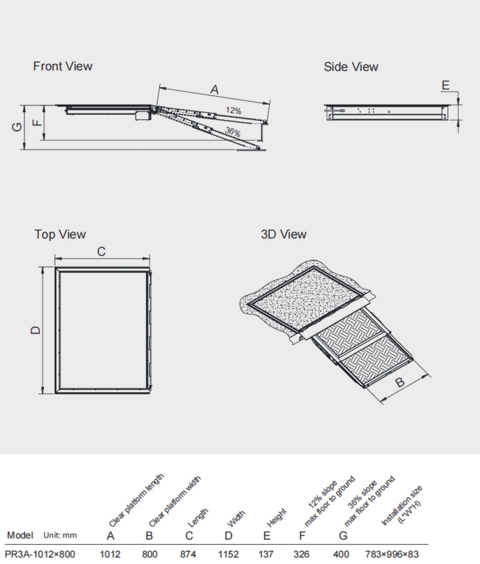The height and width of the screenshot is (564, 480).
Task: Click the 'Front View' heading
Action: point(63,66)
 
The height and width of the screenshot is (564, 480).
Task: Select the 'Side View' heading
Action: point(351,67)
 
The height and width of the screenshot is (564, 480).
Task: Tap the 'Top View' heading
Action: point(60,234)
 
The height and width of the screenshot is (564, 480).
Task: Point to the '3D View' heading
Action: point(283,234)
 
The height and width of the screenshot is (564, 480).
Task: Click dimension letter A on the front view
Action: point(215,89)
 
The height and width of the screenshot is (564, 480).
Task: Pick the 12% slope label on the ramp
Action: point(234,111)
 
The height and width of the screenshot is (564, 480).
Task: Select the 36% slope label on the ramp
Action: point(233,131)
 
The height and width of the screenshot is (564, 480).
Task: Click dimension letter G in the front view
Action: point(17,126)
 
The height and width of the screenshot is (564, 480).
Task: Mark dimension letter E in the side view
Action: point(445,86)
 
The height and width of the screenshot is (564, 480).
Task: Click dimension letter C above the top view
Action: point(101,252)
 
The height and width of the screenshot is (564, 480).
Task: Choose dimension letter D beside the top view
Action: point(34,330)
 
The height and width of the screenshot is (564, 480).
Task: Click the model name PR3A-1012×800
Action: point(38,552)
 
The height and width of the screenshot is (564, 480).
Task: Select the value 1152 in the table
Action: point(229,552)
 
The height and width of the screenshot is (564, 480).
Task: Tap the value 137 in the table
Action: point(268,552)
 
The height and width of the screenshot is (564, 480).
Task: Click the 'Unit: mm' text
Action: point(63,535)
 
